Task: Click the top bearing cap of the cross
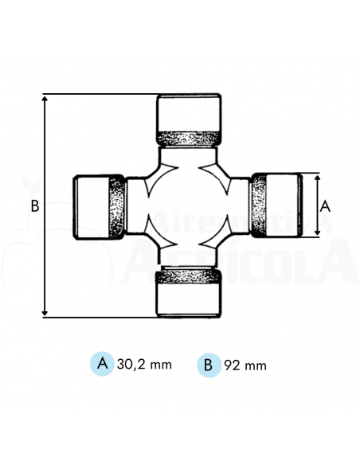point(188,111)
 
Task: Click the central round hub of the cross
point(187,205)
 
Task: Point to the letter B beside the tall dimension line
point(34,205)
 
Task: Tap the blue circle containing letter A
point(101,364)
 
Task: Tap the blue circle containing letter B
point(208,365)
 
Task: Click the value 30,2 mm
point(144,365)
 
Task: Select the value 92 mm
point(245,365)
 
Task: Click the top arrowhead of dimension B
point(45,100)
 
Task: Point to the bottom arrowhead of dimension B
point(45,313)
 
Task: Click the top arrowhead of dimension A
point(315,178)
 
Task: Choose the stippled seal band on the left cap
point(116,207)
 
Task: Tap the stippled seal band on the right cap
point(259,205)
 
